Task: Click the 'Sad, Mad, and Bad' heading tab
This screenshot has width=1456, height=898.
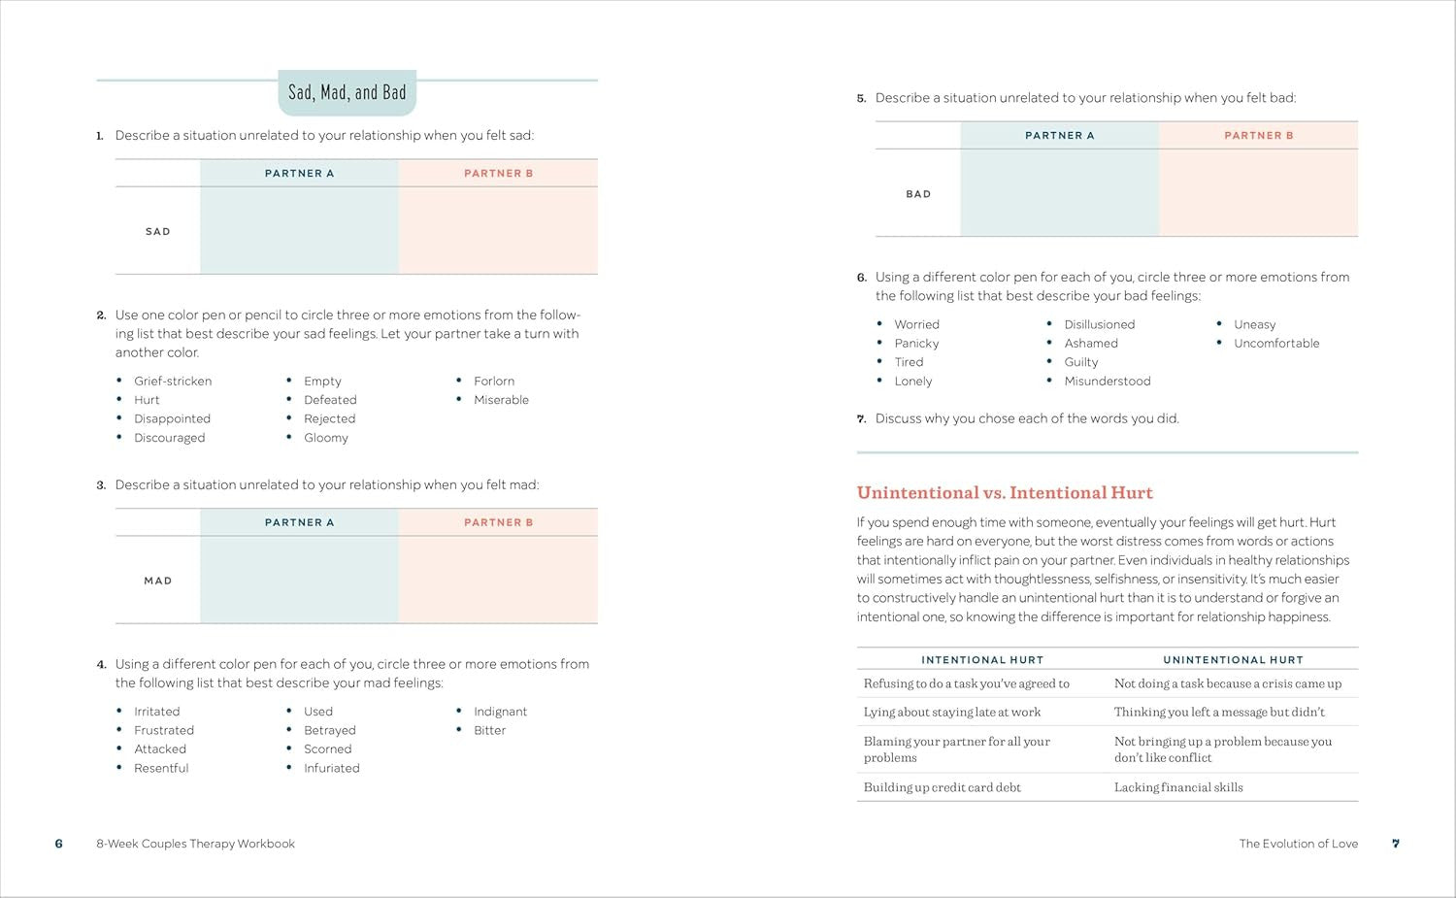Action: point(347,93)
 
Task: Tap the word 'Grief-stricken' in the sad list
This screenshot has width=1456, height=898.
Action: point(173,382)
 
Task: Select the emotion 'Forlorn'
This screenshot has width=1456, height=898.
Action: point(494,382)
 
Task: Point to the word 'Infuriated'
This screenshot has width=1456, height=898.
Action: point(331,768)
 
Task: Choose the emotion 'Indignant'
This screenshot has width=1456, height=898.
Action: point(500,712)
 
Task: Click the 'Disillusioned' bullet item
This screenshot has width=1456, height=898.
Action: point(1099,324)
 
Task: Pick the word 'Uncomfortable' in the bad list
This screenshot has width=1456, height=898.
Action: point(1276,344)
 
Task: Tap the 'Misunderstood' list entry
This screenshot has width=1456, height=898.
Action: point(1107,382)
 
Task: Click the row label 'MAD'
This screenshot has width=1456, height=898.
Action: point(158,581)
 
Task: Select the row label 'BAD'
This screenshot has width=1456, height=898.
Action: point(918,194)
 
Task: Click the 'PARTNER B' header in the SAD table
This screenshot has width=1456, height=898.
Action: point(498,174)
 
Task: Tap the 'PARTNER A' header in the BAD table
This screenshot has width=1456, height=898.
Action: point(1059,136)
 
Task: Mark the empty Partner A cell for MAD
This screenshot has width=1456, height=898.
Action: point(299,580)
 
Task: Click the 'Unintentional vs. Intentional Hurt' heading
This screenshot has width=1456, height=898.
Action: point(1005,493)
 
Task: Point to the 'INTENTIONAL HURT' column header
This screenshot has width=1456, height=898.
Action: point(982,660)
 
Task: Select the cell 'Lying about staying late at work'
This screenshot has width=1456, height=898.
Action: point(952,713)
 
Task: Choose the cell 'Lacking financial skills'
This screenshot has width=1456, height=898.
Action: point(1178,787)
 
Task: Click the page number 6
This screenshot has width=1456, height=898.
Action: point(59,844)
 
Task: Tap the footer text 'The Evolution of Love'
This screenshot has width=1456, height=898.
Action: point(1298,844)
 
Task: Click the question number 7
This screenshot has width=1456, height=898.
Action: point(861,419)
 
